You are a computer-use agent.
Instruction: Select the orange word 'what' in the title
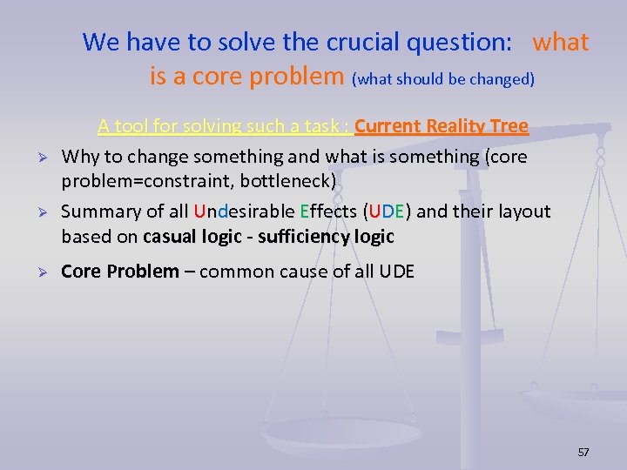560,42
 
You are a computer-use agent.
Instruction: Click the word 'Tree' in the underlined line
509,126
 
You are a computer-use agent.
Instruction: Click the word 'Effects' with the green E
328,211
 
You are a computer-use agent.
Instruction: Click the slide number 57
583,452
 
